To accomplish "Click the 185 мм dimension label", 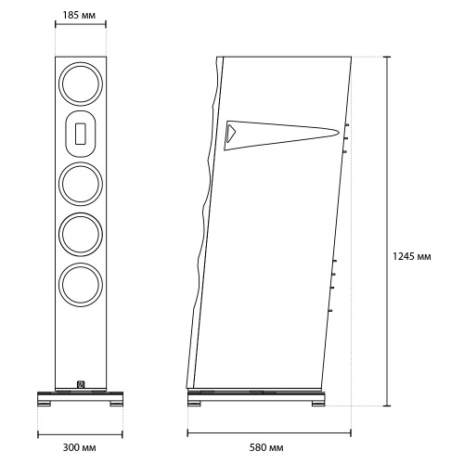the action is (79, 15).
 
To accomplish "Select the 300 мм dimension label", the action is (79, 447).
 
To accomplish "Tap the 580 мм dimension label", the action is (266, 447).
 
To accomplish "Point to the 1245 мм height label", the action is (411, 256).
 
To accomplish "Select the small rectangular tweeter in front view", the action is (81, 134).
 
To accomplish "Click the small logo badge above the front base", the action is (81, 384).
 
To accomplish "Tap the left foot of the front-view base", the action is (45, 404).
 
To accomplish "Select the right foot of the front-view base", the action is (116, 404).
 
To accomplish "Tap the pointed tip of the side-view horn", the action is (339, 133).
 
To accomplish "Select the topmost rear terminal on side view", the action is (347, 125).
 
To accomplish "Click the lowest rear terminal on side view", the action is (330, 310).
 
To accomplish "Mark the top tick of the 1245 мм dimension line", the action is (387, 57).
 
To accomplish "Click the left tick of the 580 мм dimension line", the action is (187, 432).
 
